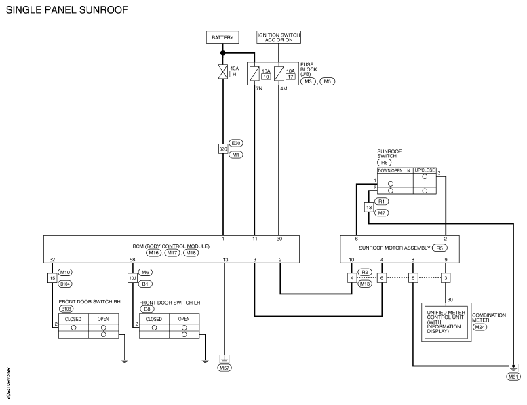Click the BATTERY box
222,37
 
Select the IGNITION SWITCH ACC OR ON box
279,37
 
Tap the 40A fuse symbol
223,72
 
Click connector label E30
236,143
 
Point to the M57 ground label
225,368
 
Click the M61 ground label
513,377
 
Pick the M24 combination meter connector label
480,327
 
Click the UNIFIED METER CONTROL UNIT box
446,322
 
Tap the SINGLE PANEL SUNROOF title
67,9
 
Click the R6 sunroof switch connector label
384,163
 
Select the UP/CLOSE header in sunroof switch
425,170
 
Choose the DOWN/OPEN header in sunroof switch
390,171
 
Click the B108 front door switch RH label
66,309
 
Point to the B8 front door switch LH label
147,309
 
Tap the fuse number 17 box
290,77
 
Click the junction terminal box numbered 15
52,278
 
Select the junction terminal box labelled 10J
133,278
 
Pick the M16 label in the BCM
153,253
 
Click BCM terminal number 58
132,259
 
